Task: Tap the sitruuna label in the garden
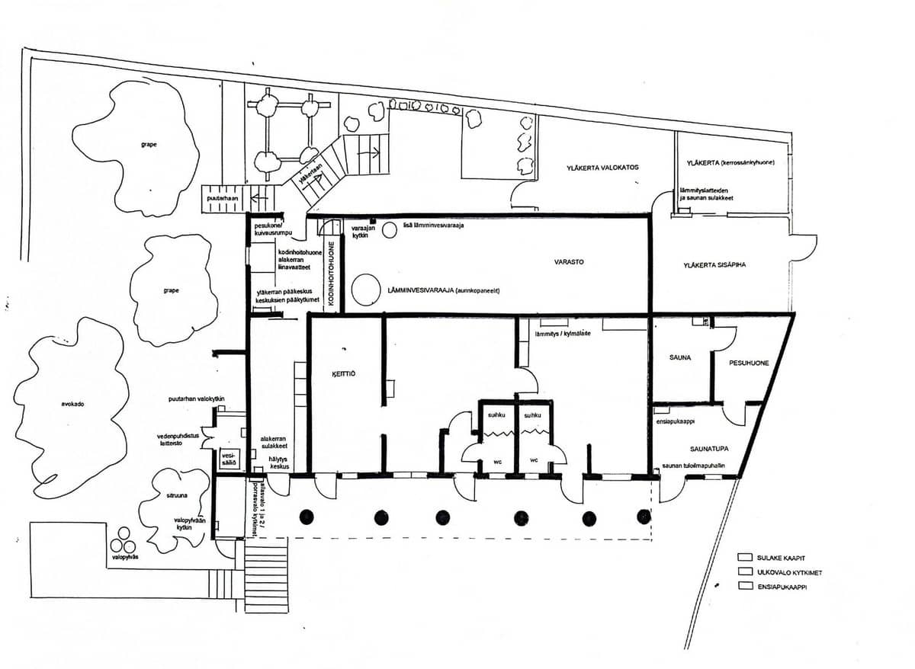click(178, 495)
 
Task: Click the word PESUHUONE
click(748, 363)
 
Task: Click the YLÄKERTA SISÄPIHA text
click(714, 265)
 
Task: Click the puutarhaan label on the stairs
click(222, 198)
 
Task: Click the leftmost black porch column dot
click(307, 517)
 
